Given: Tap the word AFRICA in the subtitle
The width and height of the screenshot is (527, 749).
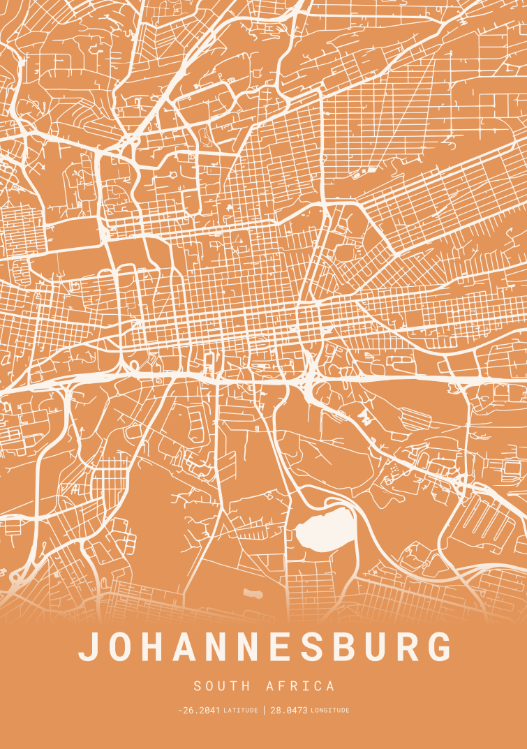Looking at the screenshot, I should click(300, 686).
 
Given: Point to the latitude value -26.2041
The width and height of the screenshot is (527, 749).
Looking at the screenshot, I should click(199, 711).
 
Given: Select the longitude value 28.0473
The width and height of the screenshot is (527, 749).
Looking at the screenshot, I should click(289, 711).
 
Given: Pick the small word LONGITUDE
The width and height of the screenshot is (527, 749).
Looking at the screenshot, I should click(330, 711).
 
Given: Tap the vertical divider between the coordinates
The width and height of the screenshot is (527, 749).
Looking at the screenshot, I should click(265, 711).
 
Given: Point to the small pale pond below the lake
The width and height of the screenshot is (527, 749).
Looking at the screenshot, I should click(252, 594).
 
